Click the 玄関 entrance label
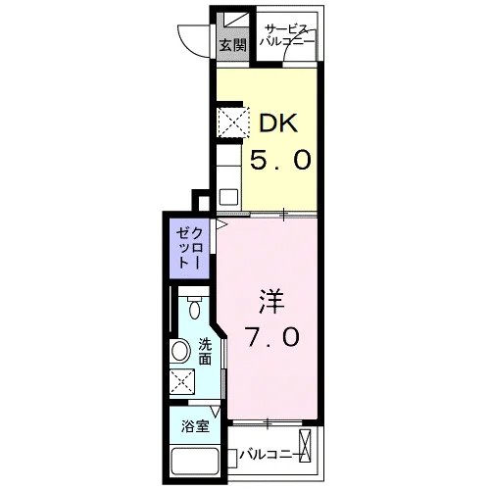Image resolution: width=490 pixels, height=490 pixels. [232, 45]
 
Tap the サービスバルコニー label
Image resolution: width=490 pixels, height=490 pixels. [287, 35]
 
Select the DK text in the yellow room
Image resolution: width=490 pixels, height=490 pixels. [278, 122]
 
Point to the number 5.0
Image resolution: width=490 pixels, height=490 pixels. [280, 160]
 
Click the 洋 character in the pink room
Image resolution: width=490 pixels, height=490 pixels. [271, 302]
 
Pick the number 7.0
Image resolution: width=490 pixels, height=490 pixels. [272, 337]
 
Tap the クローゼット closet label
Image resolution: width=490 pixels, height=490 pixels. [189, 248]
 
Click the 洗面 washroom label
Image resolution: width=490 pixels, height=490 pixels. [205, 352]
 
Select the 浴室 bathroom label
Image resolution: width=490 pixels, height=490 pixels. [195, 426]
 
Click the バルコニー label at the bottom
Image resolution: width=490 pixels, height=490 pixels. [270, 455]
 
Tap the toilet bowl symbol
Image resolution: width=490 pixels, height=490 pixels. [195, 307]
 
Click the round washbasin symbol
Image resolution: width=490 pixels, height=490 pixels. [180, 352]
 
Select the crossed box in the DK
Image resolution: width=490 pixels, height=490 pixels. [233, 122]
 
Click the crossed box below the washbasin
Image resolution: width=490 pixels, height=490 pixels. [182, 382]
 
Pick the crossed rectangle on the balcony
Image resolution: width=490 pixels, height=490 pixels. [305, 446]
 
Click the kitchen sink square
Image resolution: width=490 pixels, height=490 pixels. [228, 197]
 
